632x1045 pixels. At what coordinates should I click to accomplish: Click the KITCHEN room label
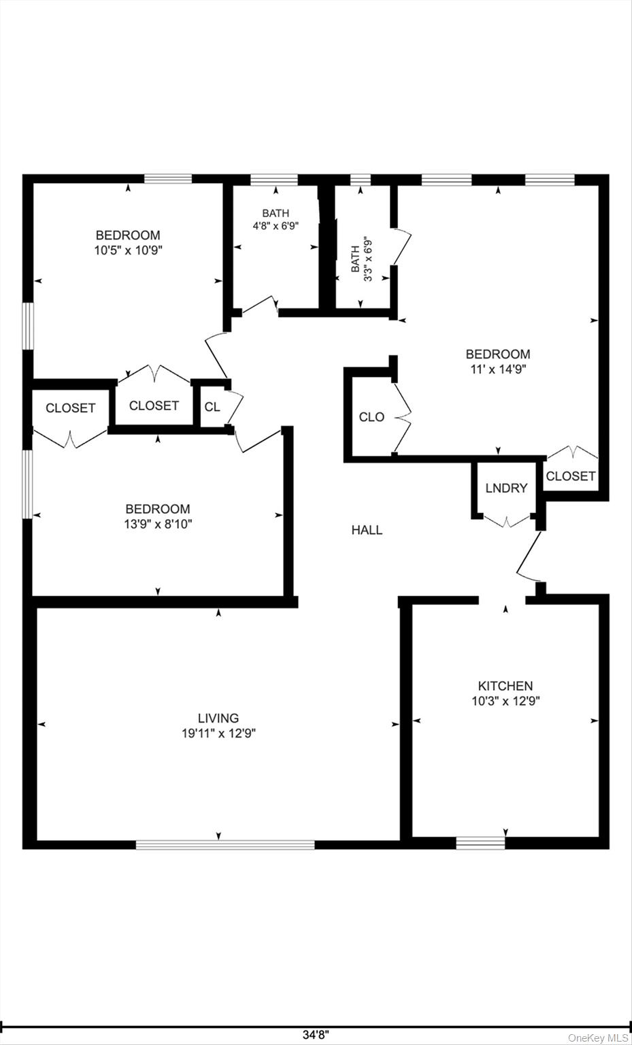pos(505,686)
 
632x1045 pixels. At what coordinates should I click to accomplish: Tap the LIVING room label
pos(218,718)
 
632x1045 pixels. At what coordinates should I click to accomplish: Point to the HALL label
pos(367,530)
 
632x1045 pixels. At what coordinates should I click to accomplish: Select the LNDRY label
pos(506,488)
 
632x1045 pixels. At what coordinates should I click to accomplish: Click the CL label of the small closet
pos(212,407)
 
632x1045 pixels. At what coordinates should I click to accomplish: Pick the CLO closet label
pos(371,417)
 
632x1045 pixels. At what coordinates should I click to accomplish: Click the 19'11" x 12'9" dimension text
pos(218,733)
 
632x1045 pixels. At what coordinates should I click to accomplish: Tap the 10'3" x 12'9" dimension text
pos(505,701)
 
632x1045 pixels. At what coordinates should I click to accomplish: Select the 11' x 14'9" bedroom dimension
pos(497,369)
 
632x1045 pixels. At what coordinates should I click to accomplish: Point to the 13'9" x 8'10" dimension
pos(157,524)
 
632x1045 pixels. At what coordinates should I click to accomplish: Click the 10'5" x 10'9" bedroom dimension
pos(128,250)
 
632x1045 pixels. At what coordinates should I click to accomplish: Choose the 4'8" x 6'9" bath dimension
pos(276,226)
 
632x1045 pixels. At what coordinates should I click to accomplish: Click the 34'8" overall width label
pos(316,1035)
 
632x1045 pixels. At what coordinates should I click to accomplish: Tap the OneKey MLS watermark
pos(598,1038)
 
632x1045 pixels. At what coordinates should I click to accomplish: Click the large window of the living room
pos(225,844)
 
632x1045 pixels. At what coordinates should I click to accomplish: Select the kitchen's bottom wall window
pos(480,843)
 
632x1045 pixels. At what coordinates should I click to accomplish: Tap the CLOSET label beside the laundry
pos(570,476)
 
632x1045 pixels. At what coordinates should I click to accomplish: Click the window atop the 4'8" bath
pos(274,180)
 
